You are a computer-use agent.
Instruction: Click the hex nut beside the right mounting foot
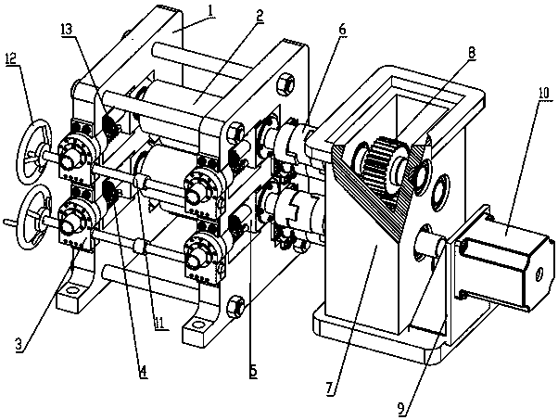point(237,302)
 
